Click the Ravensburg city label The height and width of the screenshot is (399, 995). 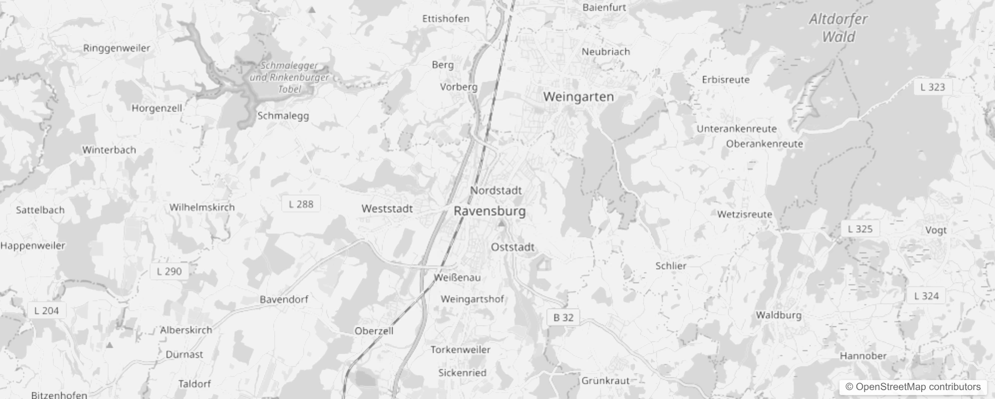pos(490,211)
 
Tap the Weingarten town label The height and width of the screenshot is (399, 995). pos(578,97)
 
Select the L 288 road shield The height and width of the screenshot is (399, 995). pos(301,204)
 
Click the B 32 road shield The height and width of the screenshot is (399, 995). pos(563,318)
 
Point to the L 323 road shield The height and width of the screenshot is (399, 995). pos(932,87)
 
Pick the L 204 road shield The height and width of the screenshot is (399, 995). pos(46,311)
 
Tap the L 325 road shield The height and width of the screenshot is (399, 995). pos(860,229)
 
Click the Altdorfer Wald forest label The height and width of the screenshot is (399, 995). pos(838,28)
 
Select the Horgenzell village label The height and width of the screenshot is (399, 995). pos(157,108)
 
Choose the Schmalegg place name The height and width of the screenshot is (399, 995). pos(283,116)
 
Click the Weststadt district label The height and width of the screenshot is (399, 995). pos(387,209)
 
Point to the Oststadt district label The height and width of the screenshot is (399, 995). pos(512,247)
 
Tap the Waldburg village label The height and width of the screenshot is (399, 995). pos(779,315)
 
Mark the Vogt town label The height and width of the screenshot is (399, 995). pos(936,230)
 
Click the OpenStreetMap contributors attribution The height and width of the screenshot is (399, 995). pos(913,387)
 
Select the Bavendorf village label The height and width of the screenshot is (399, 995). pos(284,300)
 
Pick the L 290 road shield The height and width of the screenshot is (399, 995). pos(169,271)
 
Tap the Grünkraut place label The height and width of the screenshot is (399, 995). pos(606,381)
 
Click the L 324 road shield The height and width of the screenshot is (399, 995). pos(926,296)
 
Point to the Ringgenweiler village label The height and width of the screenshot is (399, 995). pos(117,48)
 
